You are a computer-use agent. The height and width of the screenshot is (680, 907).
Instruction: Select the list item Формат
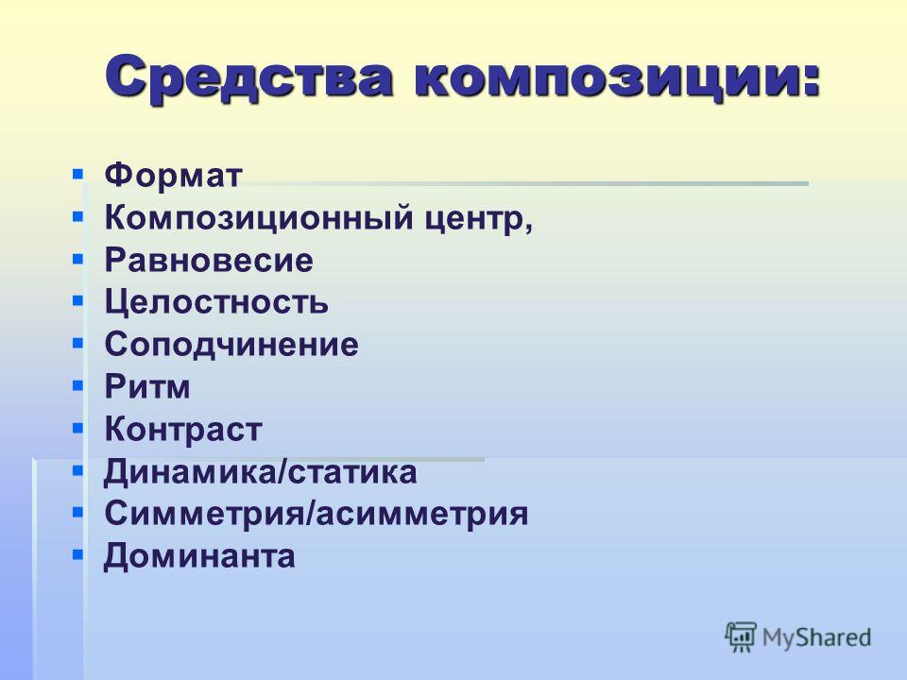[x=173, y=176]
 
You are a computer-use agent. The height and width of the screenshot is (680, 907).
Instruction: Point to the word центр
[x=474, y=220]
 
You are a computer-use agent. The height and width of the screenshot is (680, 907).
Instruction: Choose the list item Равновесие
[x=209, y=261]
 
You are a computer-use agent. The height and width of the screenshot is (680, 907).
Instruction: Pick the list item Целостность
[x=216, y=302]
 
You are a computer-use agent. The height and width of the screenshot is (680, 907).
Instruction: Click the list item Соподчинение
[x=231, y=345]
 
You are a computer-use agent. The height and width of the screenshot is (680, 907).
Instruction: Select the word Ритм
[x=147, y=386]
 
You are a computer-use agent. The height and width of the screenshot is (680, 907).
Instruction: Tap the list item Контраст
[x=183, y=429]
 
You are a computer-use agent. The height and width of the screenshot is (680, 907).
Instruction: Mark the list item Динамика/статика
[x=261, y=472]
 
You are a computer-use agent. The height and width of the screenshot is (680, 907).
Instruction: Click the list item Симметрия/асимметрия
[x=317, y=514]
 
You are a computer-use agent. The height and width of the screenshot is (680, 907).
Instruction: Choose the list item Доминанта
[x=199, y=556]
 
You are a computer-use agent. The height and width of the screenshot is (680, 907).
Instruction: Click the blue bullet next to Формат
[x=78, y=174]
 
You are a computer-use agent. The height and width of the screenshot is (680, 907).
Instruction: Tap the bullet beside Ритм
[x=78, y=385]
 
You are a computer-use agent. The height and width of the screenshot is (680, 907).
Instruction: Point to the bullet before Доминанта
[x=78, y=554]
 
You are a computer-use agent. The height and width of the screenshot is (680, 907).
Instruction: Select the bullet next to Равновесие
[x=78, y=259]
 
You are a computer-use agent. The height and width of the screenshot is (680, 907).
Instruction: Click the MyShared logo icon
[x=741, y=637]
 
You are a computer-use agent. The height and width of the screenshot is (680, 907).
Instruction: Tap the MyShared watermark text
[x=816, y=638]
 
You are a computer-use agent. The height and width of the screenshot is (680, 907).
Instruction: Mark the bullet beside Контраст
[x=78, y=428]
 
